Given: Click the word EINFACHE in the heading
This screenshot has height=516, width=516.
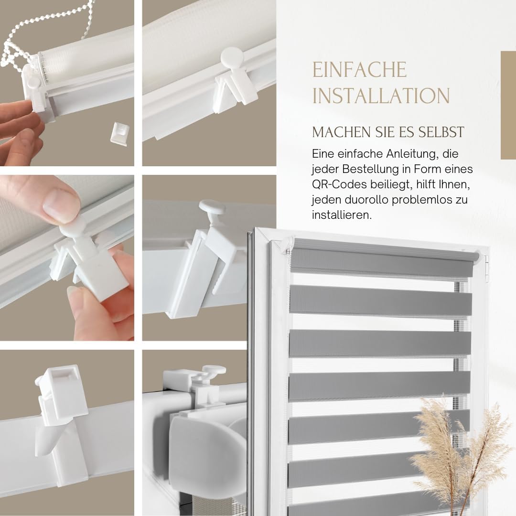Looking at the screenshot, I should [x=359, y=70].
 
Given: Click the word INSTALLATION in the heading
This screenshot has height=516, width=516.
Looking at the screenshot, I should [x=381, y=96].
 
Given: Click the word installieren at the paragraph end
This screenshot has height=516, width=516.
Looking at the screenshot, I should [x=341, y=215].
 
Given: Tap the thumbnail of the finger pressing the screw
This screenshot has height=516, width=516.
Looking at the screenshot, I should [x=67, y=258].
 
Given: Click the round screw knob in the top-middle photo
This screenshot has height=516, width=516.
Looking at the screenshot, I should [x=232, y=57].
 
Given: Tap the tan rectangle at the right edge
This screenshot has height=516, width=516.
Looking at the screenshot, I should [x=508, y=105].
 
